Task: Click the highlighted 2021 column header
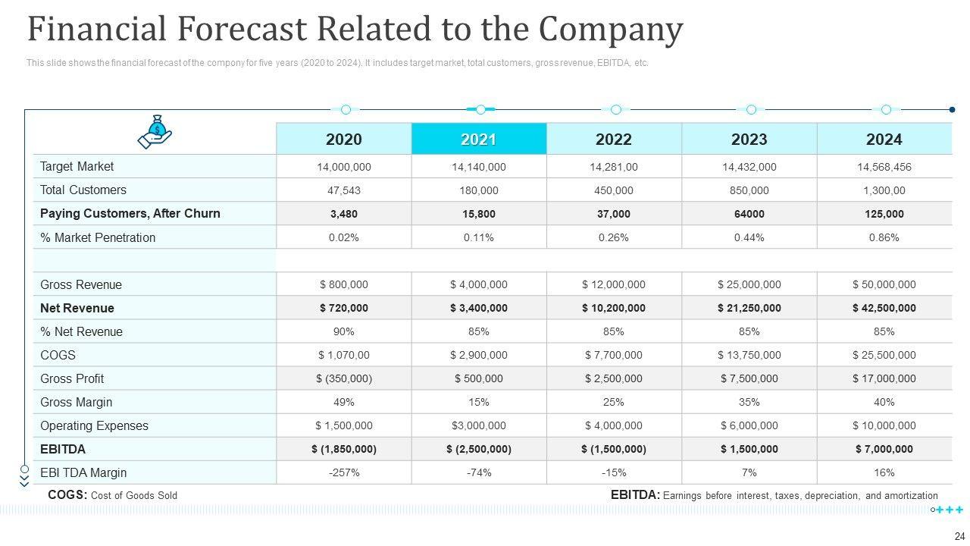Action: point(478,140)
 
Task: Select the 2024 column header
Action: point(884,140)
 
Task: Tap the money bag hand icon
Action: point(155,131)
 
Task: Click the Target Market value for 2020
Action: point(343,167)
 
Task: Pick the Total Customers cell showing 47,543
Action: point(343,190)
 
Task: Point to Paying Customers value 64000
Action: point(749,214)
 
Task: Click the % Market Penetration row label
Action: point(98,237)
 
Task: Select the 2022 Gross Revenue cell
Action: point(613,284)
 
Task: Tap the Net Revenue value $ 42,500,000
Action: point(884,308)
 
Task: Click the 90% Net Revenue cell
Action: point(343,331)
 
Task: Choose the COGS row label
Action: point(58,355)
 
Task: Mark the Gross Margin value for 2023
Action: point(749,402)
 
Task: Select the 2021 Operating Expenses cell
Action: point(478,425)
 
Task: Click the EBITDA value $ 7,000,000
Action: point(884,449)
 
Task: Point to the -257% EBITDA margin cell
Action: point(343,472)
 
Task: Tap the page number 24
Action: point(959,535)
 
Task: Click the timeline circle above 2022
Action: point(615,110)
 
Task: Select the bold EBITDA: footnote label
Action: point(634,495)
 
